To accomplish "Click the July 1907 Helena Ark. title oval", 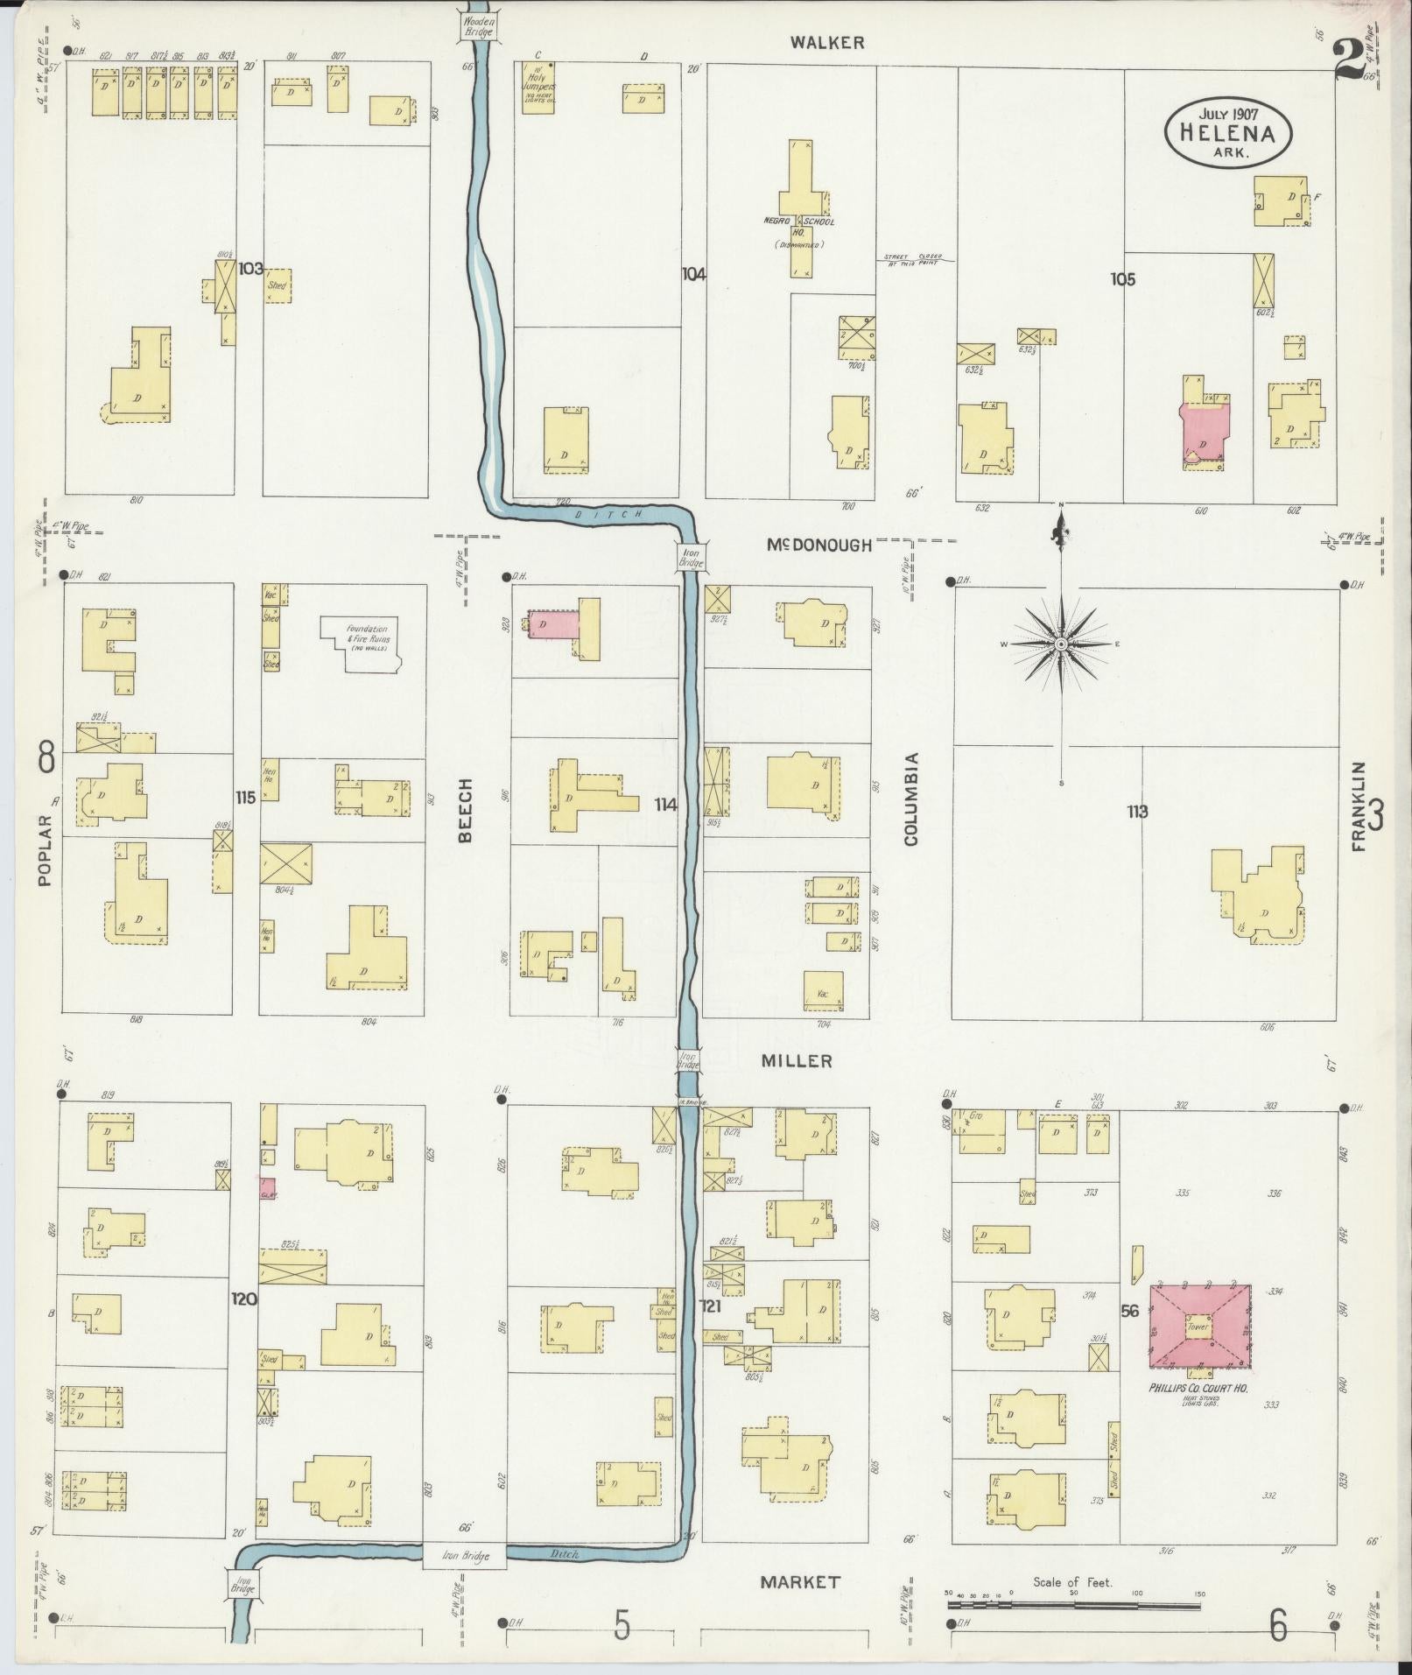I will coord(1228,132).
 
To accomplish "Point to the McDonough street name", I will coord(819,545).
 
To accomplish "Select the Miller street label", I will coord(796,1061).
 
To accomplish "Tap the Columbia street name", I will coord(911,799).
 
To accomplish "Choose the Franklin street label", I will coord(1358,806).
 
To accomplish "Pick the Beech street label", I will coord(465,810).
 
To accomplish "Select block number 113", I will coord(1137,812).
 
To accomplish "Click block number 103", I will coord(251,268).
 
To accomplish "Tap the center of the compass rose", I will coord(1061,644).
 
